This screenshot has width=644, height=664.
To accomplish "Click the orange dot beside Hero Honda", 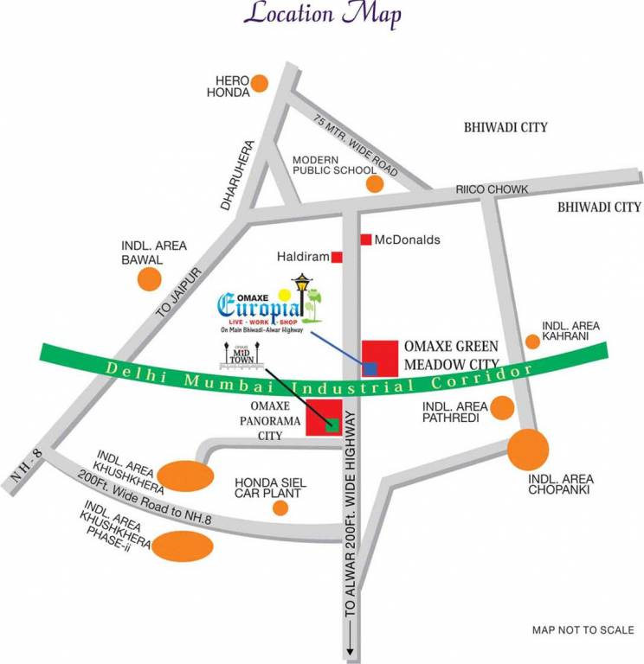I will pos(258,84).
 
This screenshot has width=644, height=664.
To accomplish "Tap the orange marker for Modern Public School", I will pos(374,184).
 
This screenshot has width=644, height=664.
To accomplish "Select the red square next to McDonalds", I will pos(366,239).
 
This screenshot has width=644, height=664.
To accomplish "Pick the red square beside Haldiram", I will pos(337,257).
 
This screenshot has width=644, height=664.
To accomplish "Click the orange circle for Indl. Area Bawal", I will pos(150,279).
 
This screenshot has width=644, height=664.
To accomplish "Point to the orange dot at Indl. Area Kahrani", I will pos(533,342).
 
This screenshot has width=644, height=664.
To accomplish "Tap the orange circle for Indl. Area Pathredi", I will pos(501,407).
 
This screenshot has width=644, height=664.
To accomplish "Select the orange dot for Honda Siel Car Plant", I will pos(280,508).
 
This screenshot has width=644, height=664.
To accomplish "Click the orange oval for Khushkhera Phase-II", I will pos(183,546).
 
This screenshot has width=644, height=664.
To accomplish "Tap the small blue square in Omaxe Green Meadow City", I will pos(370,368).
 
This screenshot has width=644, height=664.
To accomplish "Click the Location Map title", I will pos(324,15).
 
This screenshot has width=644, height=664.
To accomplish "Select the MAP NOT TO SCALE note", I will pos(583,629).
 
